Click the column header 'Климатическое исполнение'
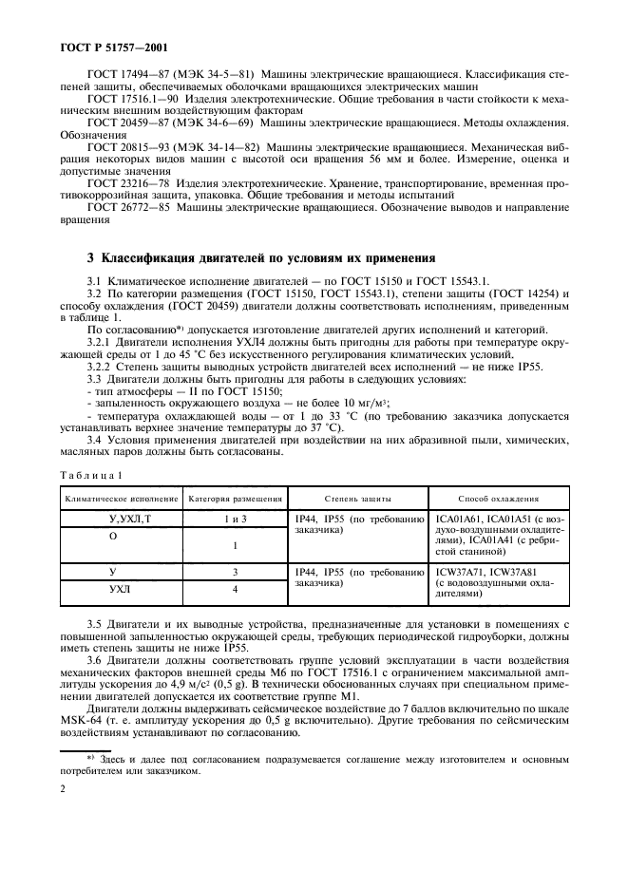point(121,498)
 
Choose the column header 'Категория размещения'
point(234,498)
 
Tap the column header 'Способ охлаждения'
point(499,498)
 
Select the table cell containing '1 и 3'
point(235,519)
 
